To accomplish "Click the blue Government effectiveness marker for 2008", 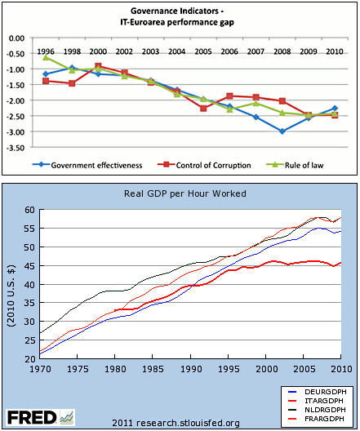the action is [282, 131].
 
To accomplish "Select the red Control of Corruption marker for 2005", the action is [203, 109].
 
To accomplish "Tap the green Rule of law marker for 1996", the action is [46, 57].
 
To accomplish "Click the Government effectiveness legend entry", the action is [87, 165].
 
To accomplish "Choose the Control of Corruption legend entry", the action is [204, 165].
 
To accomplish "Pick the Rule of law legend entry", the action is [295, 165].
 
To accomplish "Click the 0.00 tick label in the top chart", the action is [16, 38].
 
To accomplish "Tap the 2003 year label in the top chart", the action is [150, 51].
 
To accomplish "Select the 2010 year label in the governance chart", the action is [335, 51].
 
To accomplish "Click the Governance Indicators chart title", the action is [177, 16].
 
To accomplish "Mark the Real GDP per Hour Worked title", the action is [185, 193].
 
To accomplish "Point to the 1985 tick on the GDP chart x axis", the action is [153, 369].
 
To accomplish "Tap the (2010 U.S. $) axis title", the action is [11, 295].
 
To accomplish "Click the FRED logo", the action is [40, 417].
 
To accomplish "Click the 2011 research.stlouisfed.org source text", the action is [176, 423].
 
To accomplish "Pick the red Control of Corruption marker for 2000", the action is [98, 66].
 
